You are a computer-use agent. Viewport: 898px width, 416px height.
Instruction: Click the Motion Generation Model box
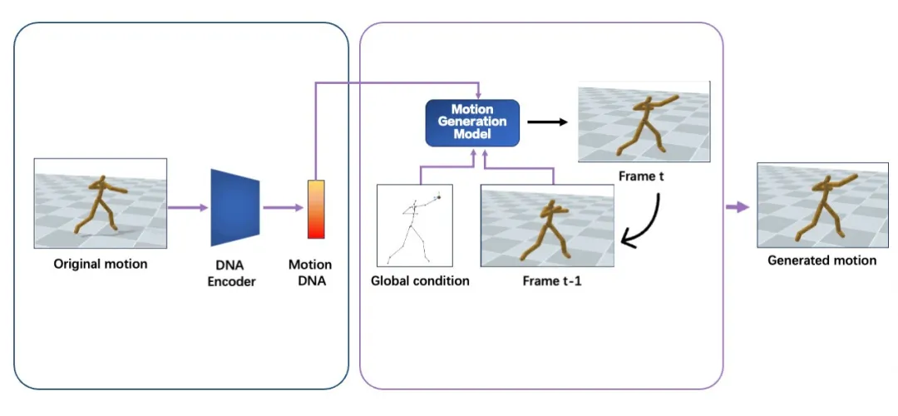click(472, 121)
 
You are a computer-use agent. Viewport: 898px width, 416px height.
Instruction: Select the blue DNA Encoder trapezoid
click(236, 207)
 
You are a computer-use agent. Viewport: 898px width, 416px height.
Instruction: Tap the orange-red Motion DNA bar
click(316, 209)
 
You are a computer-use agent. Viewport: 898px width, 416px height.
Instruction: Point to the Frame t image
click(644, 121)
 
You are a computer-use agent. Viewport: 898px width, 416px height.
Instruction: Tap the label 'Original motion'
click(101, 265)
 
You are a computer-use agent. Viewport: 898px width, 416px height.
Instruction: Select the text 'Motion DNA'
click(310, 273)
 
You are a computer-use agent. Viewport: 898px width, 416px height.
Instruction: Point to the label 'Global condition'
click(420, 280)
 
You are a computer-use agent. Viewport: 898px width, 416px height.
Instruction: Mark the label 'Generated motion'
click(822, 260)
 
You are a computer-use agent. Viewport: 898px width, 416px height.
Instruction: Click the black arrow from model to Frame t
click(547, 122)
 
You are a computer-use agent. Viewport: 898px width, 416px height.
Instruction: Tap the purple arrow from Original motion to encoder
click(187, 207)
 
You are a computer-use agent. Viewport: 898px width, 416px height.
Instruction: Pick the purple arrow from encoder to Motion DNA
click(282, 207)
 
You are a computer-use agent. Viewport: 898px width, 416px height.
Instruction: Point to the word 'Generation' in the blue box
click(472, 121)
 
